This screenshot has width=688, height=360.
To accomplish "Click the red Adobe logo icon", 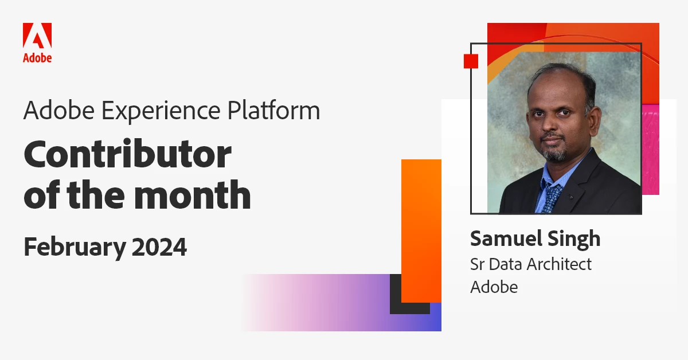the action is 37,36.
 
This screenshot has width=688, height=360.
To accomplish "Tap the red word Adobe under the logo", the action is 37,58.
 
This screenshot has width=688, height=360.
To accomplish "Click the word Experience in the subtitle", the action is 161,111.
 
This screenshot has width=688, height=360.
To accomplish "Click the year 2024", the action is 159,246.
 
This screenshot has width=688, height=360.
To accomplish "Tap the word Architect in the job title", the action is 557,264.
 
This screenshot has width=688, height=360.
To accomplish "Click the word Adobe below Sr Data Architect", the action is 494,287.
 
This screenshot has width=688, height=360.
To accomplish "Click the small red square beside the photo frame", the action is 471,61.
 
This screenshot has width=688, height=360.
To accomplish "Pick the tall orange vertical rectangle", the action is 421,230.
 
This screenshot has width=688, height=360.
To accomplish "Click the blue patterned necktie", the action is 552,197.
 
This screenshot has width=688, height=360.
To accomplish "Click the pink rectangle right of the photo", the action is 651,150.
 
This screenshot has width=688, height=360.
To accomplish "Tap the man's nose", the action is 550,126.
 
